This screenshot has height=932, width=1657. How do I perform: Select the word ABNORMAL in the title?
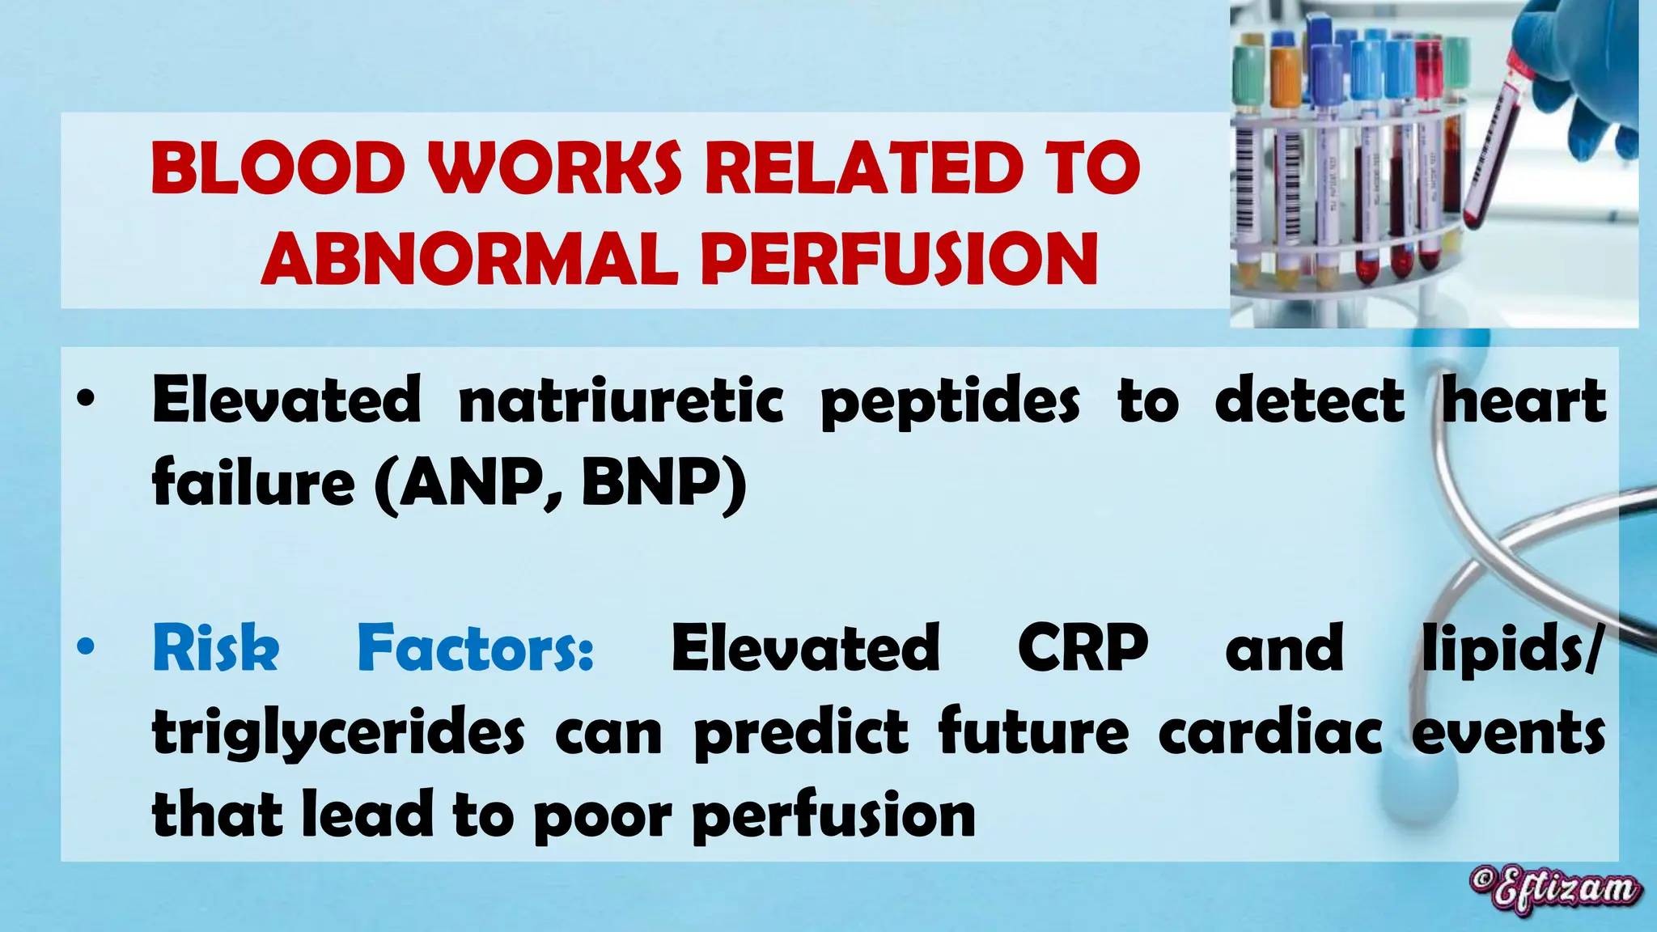pyautogui.click(x=469, y=259)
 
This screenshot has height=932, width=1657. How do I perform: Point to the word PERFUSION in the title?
pyautogui.click(x=899, y=259)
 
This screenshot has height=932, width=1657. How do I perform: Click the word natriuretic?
pyautogui.click(x=621, y=400)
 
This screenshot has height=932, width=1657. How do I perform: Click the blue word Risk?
pyautogui.click(x=216, y=649)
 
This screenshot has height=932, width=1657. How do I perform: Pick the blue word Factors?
pyautogui.click(x=476, y=649)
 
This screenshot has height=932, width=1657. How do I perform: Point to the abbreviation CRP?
pyautogui.click(x=1083, y=649)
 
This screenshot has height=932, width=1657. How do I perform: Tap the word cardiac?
pyautogui.click(x=1270, y=733)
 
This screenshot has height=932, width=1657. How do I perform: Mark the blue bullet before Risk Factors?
pyautogui.click(x=86, y=647)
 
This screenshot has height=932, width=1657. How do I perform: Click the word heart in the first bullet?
pyautogui.click(x=1524, y=400)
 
